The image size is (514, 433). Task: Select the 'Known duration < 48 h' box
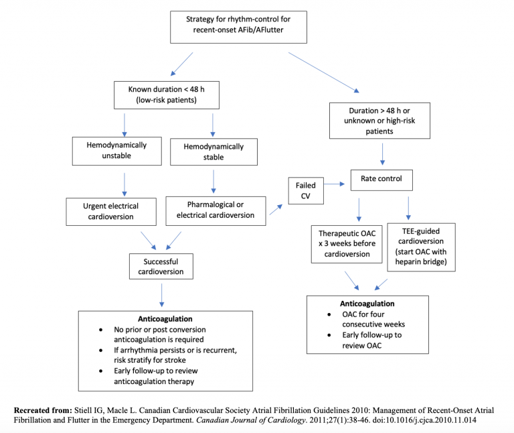tap(167, 95)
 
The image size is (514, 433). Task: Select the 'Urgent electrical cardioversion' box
tap(111, 210)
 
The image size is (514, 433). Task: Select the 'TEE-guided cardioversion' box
tap(422, 247)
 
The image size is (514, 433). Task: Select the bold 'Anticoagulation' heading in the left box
tap(165, 319)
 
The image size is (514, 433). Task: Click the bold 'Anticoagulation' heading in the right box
tap(367, 303)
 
